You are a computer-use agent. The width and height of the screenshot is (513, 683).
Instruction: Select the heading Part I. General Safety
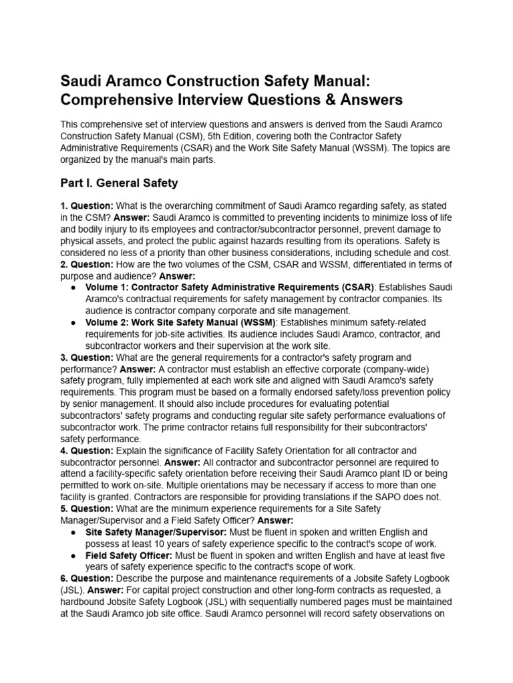point(119,182)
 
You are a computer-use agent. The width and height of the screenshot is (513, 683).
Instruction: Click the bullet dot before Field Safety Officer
point(72,556)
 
